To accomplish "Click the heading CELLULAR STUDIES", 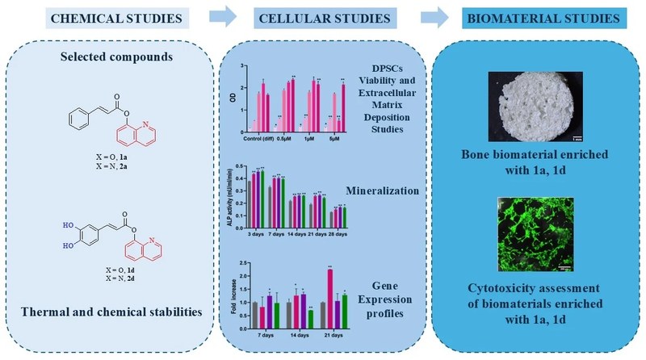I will (324, 17).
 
